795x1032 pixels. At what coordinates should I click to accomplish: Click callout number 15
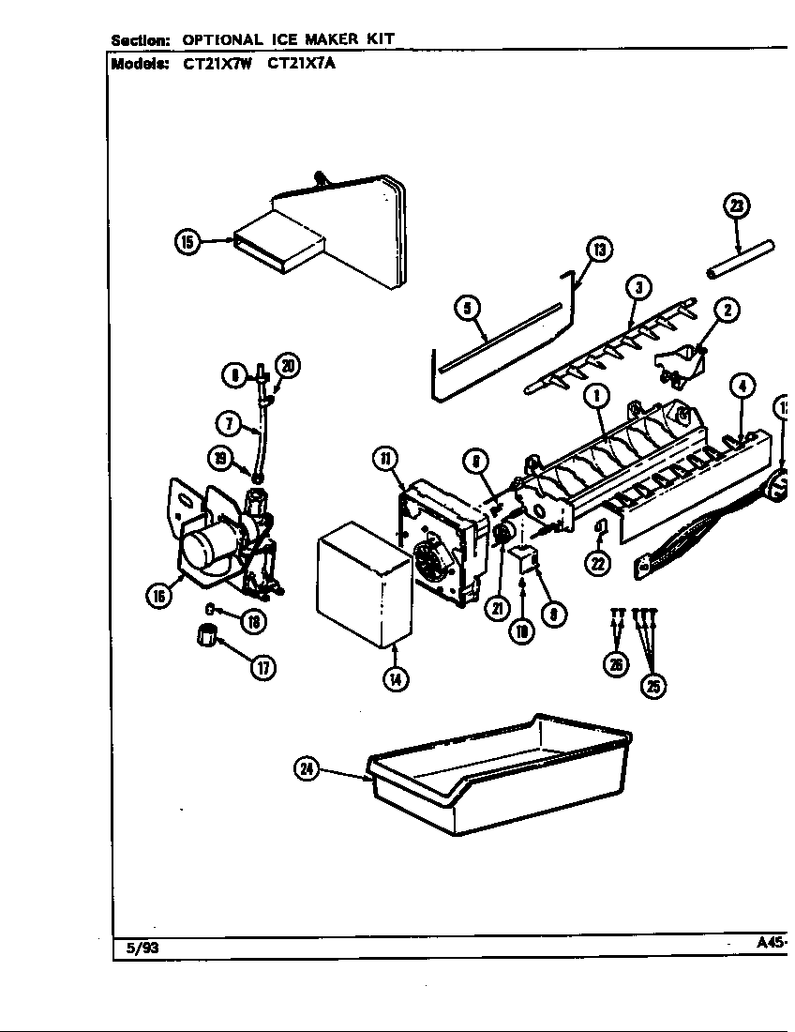pos(187,242)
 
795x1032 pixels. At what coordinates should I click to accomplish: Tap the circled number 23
pos(737,205)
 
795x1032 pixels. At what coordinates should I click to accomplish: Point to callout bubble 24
pos(307,770)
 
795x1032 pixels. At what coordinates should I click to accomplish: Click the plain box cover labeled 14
pos(363,587)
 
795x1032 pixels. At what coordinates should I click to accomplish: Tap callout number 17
pos(263,668)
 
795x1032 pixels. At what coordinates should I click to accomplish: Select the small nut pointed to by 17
pos(206,636)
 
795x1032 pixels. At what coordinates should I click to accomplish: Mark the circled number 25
pos(652,686)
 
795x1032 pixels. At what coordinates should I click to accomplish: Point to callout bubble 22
pos(598,563)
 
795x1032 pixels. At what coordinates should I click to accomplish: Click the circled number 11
pos(385,459)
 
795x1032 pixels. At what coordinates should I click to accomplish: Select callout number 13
pos(598,250)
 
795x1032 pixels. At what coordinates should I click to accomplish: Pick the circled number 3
pos(637,288)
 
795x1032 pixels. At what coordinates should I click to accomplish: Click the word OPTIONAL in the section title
pos(222,39)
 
